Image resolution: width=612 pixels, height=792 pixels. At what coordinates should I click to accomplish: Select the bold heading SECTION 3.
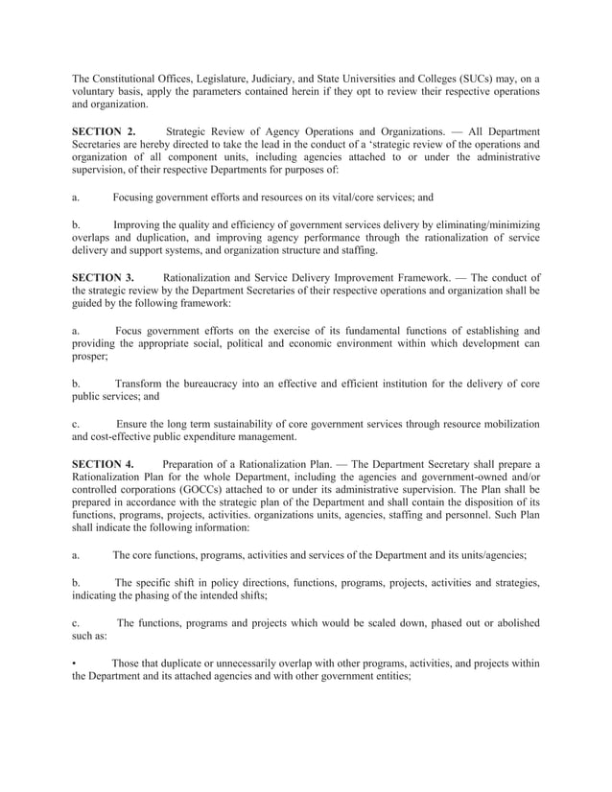click(x=104, y=278)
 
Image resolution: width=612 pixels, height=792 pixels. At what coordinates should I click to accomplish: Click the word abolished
click(x=512, y=622)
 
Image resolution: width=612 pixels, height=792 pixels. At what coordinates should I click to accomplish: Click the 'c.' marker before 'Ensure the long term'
click(x=76, y=424)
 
